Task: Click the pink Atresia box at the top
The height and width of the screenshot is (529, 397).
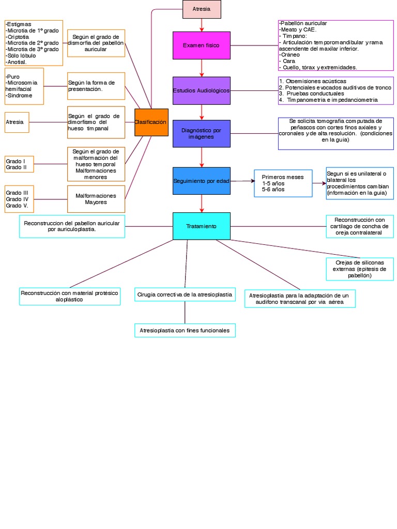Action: click(x=202, y=9)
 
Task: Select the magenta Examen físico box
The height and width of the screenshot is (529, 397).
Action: click(x=201, y=45)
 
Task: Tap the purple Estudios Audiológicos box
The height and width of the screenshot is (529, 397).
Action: click(x=201, y=91)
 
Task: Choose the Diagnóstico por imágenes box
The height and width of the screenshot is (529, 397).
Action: click(x=201, y=134)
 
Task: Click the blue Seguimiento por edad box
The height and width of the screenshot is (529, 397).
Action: click(x=201, y=181)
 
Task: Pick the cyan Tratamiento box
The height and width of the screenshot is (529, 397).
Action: click(x=201, y=226)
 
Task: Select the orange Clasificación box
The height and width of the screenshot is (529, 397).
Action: click(x=151, y=122)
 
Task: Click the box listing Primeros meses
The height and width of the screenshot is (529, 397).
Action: click(x=283, y=183)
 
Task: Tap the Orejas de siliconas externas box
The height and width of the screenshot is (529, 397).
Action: click(x=359, y=269)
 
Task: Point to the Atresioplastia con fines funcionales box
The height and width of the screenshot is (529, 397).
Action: click(x=185, y=330)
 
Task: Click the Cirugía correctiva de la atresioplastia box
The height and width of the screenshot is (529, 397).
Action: click(x=185, y=294)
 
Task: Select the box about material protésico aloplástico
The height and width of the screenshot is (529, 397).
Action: click(x=70, y=296)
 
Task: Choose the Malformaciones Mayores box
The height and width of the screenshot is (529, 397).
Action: click(x=96, y=199)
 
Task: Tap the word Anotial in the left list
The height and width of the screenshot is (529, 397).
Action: click(x=17, y=62)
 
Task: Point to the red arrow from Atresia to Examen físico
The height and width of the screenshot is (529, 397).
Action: click(x=202, y=25)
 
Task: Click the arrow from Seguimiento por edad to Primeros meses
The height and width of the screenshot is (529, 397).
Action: click(x=242, y=181)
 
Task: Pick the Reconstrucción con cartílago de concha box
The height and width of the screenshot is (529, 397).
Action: click(x=359, y=226)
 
